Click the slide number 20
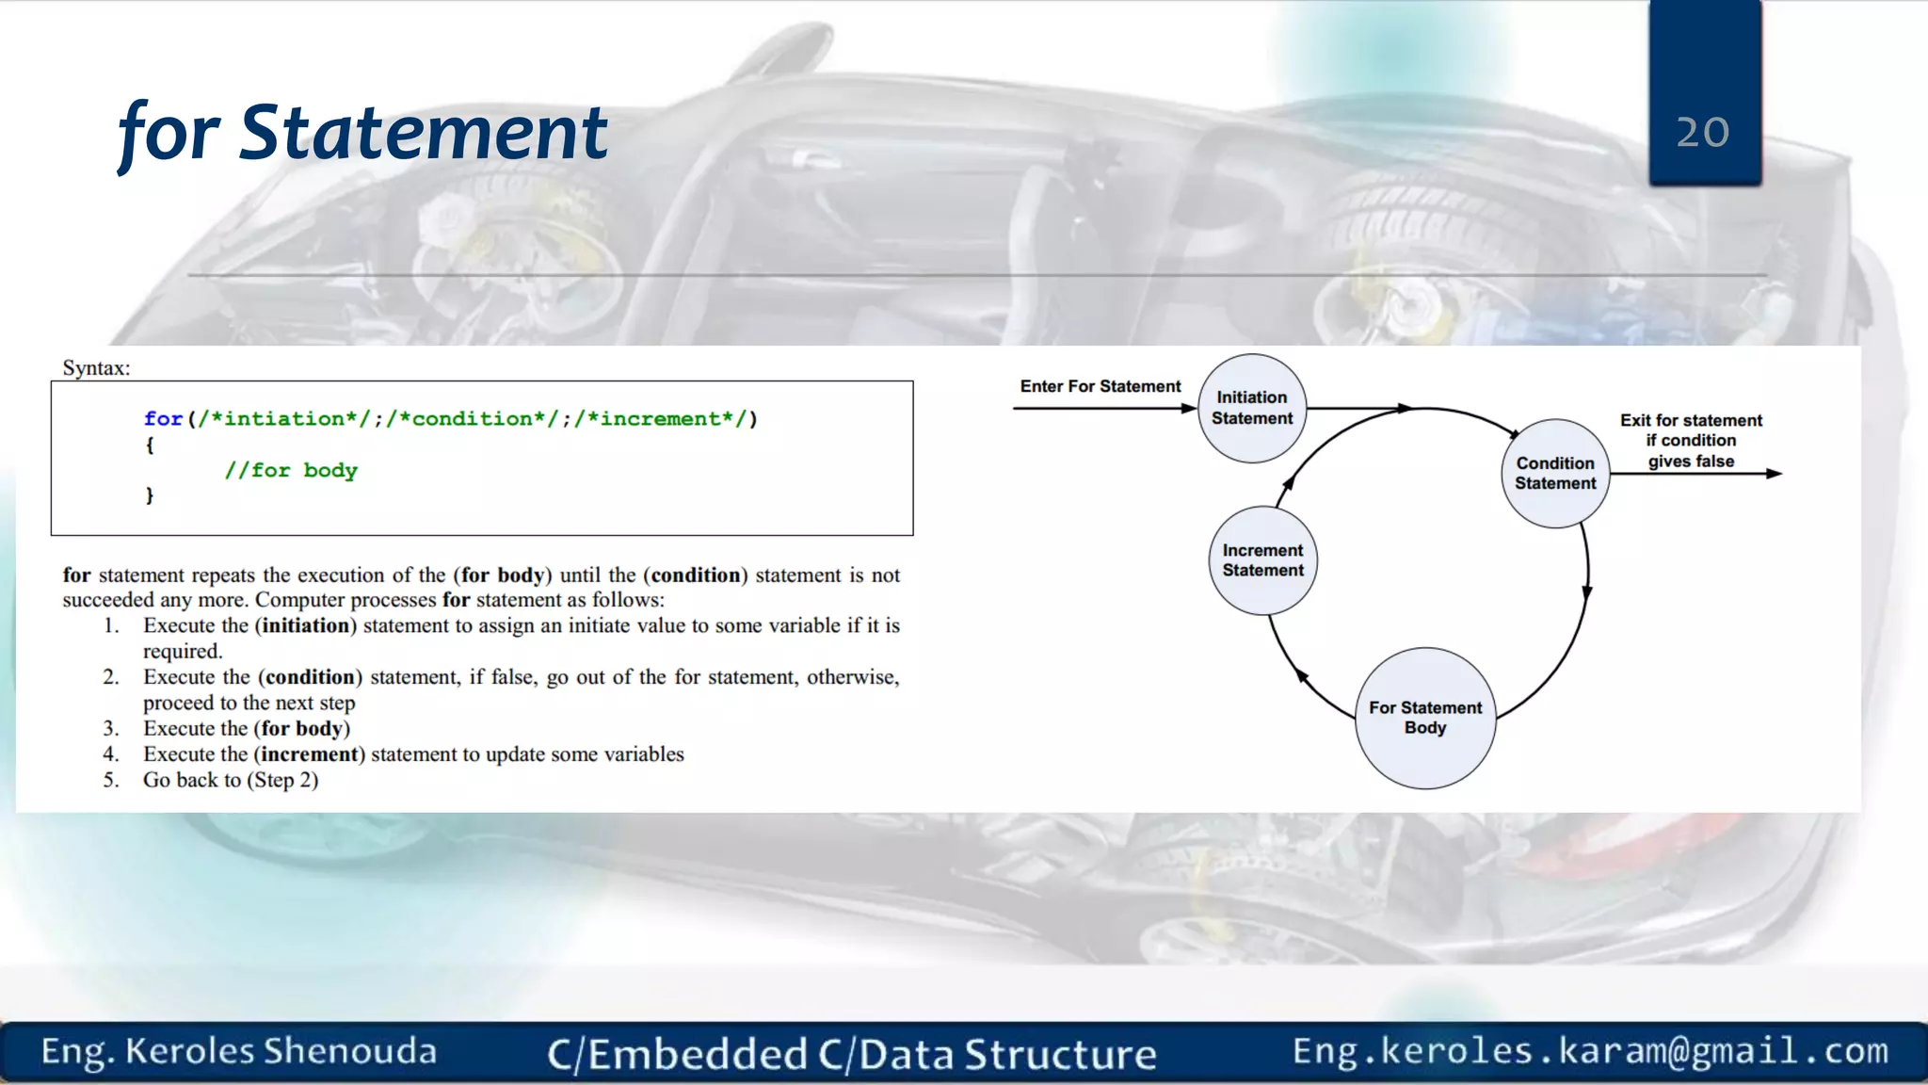coord(1702,132)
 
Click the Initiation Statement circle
coord(1252,408)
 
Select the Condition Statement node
coord(1555,473)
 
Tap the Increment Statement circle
coord(1262,560)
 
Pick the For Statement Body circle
coord(1425,718)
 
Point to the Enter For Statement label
coord(1100,386)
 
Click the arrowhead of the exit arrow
coord(1774,473)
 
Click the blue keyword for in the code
coord(163,418)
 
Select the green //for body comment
coord(291,470)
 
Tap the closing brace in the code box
coord(150,494)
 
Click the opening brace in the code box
coord(150,445)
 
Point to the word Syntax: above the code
coord(96,367)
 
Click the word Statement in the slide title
coord(424,132)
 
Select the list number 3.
coord(111,728)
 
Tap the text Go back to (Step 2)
coord(231,780)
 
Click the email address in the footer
coord(1590,1050)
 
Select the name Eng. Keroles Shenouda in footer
coord(239,1051)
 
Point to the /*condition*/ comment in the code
coord(473,418)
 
